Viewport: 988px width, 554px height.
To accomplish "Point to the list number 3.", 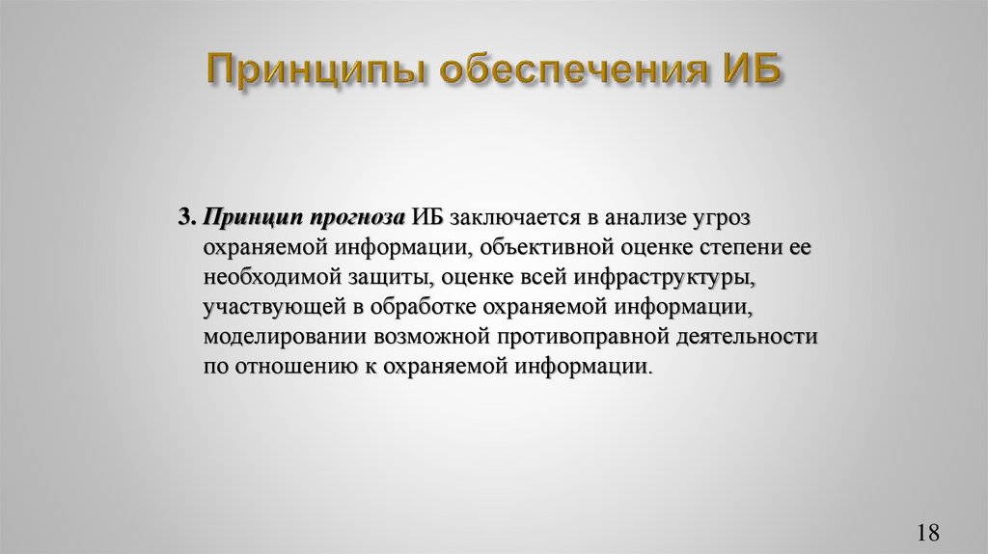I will (186, 216).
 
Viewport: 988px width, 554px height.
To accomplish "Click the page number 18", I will (928, 532).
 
